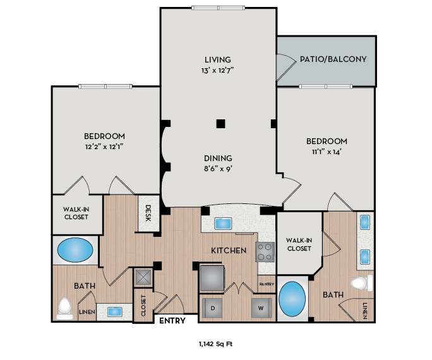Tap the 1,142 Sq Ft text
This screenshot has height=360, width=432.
[216, 344]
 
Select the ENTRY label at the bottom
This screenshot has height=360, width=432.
[173, 321]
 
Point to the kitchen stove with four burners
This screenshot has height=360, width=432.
[265, 252]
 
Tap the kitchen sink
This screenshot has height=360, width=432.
[224, 223]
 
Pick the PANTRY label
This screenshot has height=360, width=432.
[267, 284]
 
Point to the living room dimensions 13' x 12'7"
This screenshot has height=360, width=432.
[218, 71]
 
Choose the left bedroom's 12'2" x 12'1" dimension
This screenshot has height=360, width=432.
[104, 147]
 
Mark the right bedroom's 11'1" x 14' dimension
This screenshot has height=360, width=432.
[327, 152]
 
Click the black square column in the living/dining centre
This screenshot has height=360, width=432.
[220, 123]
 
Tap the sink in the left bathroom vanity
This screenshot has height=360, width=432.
[114, 311]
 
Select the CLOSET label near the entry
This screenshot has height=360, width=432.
[143, 305]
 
